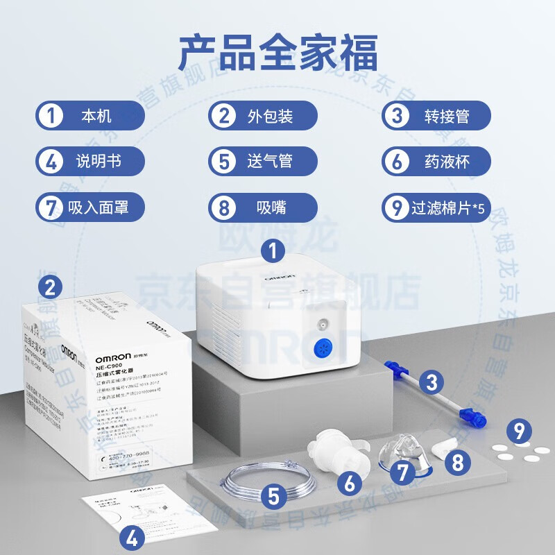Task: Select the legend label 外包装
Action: [270, 114]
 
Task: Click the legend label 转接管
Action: [447, 115]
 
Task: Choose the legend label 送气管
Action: [270, 161]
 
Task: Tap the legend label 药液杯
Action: [447, 161]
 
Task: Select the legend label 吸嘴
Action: [270, 207]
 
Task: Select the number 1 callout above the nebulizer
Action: [275, 250]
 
